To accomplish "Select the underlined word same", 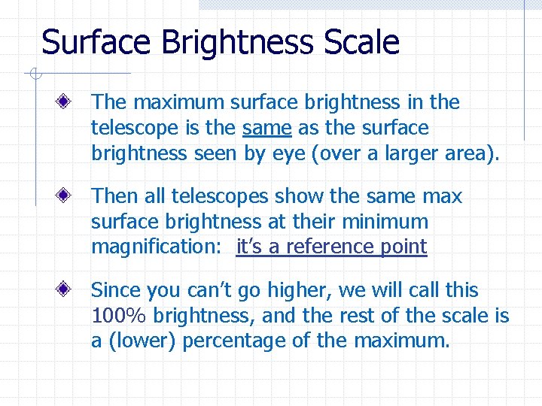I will [x=267, y=129].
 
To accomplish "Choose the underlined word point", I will [x=403, y=247].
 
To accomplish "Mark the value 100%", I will [x=117, y=316].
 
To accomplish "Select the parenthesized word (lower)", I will [x=142, y=341].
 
